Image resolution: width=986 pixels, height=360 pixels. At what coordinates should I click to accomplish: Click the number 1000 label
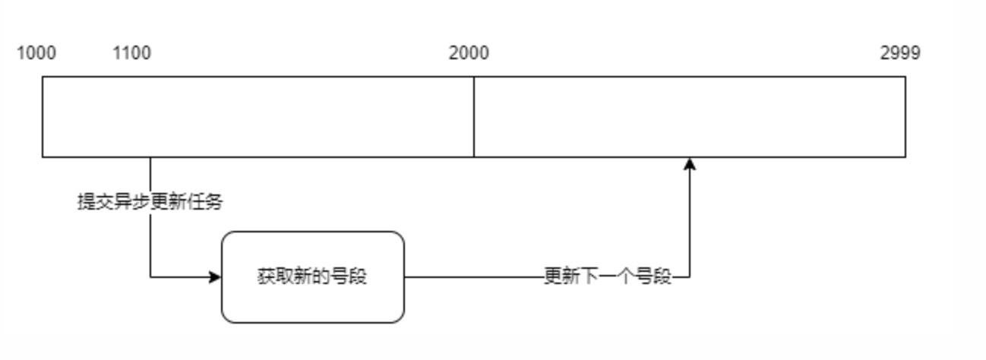36,53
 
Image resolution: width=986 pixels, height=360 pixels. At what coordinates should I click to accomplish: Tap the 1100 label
132,53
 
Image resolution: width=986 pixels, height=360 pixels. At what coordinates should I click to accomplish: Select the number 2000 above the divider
469,53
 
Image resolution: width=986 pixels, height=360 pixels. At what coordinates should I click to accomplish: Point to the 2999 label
900,53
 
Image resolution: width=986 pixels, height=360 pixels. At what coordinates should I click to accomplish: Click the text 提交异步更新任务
150,201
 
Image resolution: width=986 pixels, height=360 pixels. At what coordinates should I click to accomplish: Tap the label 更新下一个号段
608,276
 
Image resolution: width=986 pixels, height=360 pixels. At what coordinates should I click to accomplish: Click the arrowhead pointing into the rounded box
215,277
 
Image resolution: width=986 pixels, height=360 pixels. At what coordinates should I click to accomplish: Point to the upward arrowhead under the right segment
690,164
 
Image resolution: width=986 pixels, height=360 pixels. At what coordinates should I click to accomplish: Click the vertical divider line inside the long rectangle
474,117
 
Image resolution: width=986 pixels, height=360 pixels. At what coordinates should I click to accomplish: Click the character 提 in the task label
87,201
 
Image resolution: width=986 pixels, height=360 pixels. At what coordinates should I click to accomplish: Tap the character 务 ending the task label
214,201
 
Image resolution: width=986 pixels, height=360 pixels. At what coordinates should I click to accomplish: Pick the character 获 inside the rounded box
267,276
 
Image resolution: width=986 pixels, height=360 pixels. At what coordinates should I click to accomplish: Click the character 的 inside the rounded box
321,276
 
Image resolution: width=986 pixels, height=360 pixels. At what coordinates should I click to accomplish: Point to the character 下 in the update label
589,276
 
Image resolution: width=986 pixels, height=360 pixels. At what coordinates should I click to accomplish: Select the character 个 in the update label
627,276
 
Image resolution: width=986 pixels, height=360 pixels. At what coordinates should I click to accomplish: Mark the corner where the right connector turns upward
690,277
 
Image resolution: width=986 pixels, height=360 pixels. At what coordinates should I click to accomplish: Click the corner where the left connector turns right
150,277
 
